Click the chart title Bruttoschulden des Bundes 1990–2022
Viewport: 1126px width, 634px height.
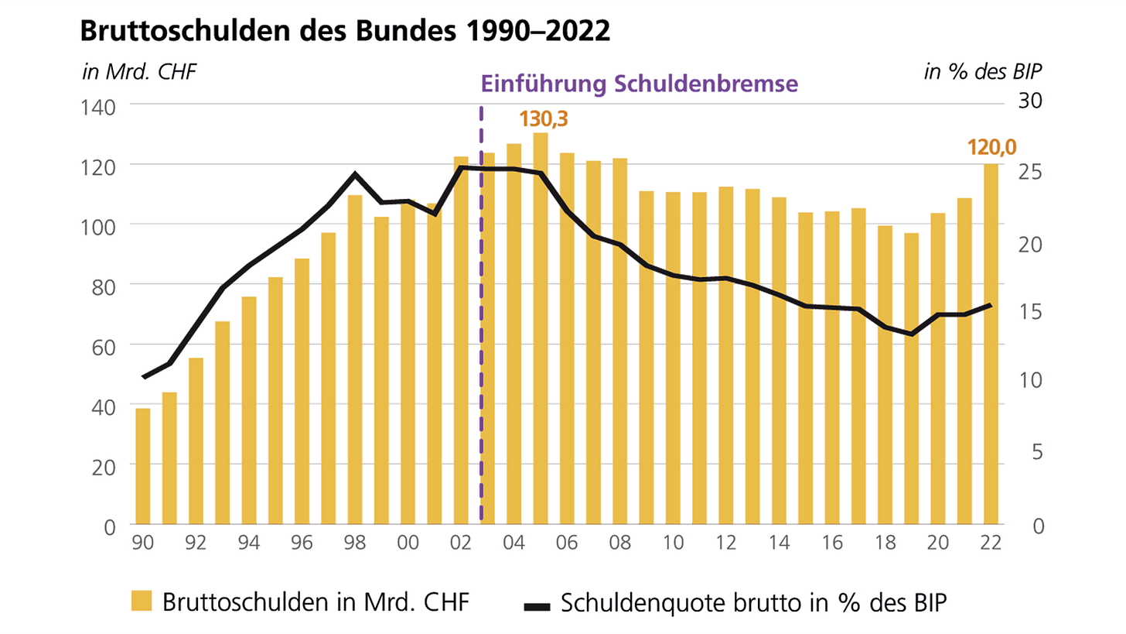pos(344,32)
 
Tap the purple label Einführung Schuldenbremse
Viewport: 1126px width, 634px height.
pos(638,84)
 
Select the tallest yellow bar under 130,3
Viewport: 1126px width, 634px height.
pos(541,328)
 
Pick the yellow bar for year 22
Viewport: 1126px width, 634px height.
pos(991,344)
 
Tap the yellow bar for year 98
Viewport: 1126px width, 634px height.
pos(355,359)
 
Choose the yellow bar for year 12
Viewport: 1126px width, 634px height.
pos(725,355)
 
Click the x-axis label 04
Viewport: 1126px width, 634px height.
pos(514,543)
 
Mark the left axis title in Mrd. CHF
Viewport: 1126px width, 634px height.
pos(139,73)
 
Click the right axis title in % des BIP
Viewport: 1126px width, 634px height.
pos(982,73)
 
